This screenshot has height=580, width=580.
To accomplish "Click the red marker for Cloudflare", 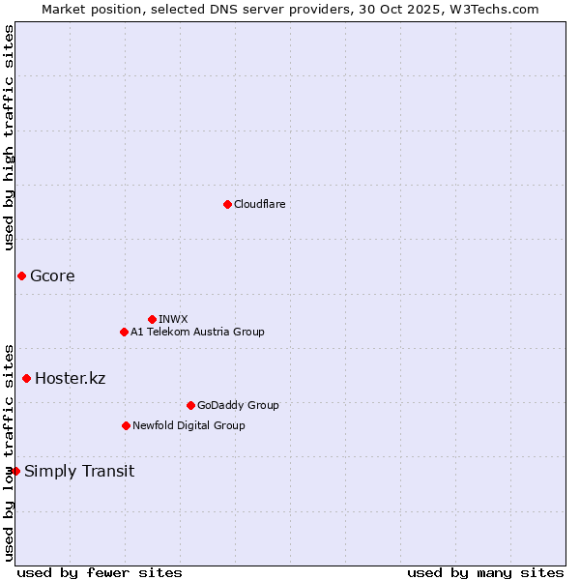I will click(227, 204).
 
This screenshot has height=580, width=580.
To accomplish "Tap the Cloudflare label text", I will click(259, 204).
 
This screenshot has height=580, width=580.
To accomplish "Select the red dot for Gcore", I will click(21, 276).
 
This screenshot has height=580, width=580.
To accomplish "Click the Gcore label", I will click(52, 276).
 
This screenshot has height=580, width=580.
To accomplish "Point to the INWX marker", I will click(152, 319).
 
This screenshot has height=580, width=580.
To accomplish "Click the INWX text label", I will click(173, 319).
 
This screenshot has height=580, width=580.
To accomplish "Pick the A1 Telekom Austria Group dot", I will click(124, 332).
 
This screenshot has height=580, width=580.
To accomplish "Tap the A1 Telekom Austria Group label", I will click(197, 332).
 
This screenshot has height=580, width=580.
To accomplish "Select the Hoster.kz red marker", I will click(26, 378).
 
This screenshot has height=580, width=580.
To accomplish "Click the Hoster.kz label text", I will click(70, 378).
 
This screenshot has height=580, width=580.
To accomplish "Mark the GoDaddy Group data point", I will click(190, 405).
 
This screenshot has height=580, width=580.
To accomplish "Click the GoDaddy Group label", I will click(238, 405).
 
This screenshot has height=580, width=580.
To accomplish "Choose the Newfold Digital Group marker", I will click(126, 425).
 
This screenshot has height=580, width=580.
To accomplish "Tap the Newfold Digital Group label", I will click(188, 425).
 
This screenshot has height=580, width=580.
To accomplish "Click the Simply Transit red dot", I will click(15, 471).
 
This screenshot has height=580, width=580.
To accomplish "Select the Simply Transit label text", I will click(79, 472).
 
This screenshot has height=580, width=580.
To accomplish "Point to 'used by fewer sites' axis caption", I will click(100, 572).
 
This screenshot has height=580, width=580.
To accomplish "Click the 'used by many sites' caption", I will click(485, 572).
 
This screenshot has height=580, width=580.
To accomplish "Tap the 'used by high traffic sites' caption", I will click(9, 137).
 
